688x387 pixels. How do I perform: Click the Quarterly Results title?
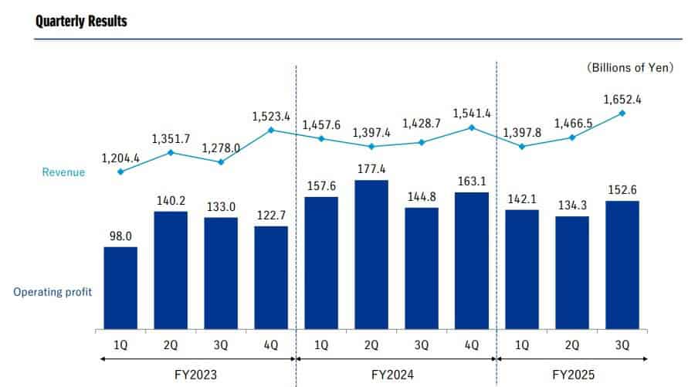(x=81, y=21)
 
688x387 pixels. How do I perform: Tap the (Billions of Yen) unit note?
(x=631, y=68)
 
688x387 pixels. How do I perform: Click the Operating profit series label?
(x=53, y=292)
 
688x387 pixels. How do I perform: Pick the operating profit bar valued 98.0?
(x=120, y=287)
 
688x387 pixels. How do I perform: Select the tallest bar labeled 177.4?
(x=371, y=253)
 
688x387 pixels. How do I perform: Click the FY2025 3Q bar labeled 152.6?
(x=622, y=263)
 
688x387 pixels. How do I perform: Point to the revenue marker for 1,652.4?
(x=622, y=113)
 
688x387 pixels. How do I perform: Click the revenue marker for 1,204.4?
(x=120, y=171)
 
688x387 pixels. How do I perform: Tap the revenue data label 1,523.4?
(x=271, y=117)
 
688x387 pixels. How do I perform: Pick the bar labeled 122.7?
(x=271, y=277)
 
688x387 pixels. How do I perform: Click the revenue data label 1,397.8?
(x=524, y=132)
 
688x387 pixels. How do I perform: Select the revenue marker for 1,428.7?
(x=422, y=142)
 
